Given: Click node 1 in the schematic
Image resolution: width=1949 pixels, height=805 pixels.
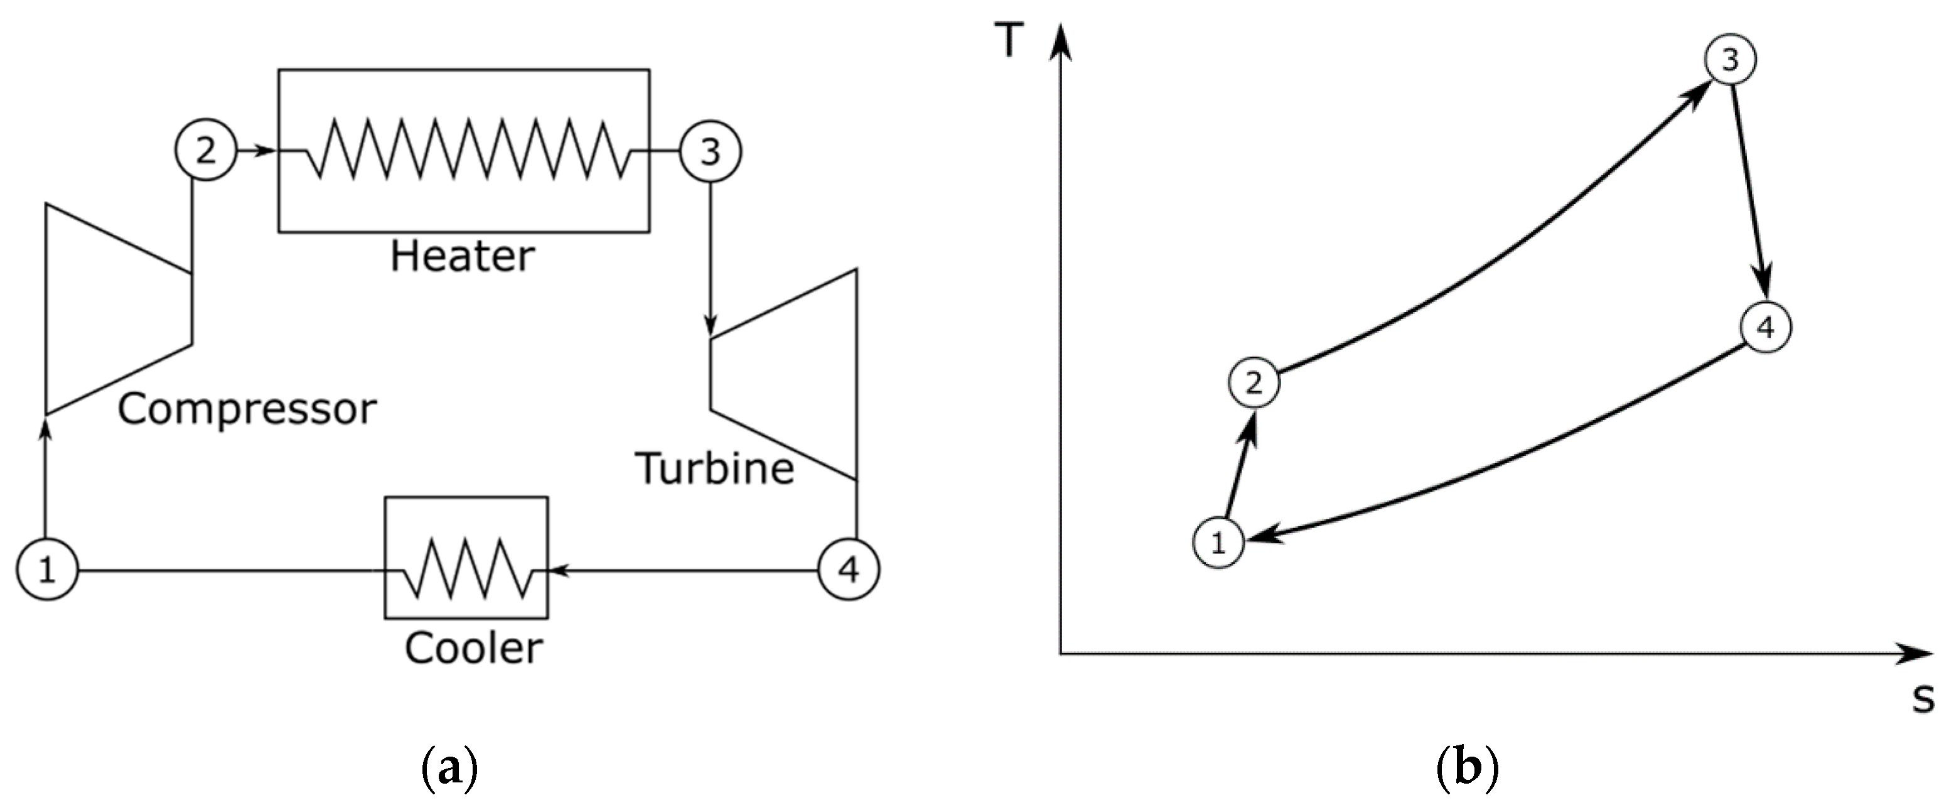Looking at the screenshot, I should [48, 570].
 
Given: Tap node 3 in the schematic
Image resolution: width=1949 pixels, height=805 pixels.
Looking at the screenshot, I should [710, 152].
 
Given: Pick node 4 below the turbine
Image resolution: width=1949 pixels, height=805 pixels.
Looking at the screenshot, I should [849, 570].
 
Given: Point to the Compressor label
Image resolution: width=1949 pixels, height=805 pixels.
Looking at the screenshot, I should [247, 409].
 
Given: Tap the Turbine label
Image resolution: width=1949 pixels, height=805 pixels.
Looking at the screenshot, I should [715, 468].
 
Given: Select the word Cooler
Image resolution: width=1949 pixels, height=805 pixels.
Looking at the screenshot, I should [474, 649].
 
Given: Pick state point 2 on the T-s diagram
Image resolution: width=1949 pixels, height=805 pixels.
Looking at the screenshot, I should [1254, 384].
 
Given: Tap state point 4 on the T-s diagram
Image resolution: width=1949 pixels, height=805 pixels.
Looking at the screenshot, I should [1765, 328].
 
